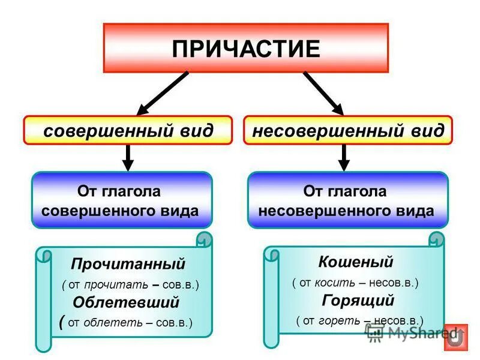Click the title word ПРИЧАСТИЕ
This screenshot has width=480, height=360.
[x=246, y=49]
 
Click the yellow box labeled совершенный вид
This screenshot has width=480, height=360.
[x=128, y=130]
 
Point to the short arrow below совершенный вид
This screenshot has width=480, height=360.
[x=127, y=157]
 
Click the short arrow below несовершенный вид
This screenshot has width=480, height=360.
[x=344, y=157]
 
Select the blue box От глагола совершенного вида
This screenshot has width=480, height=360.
[x=122, y=200]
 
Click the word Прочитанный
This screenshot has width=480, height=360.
[x=128, y=264]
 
